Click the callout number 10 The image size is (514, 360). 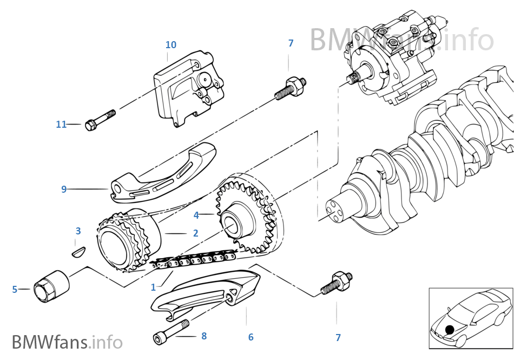click(171, 44)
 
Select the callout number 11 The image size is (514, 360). click(61, 125)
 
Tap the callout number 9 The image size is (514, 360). click(64, 189)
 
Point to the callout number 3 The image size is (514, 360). click(78, 231)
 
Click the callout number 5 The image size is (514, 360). click(15, 290)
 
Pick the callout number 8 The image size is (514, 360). click(203, 336)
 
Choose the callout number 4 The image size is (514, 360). click(196, 215)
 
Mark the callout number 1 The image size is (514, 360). click(153, 287)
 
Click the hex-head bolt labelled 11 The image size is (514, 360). click(100, 120)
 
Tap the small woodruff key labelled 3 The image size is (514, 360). click(78, 251)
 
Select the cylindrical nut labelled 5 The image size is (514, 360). click(52, 285)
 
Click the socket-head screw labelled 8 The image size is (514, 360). click(170, 332)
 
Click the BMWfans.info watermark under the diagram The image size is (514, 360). click(67, 342)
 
